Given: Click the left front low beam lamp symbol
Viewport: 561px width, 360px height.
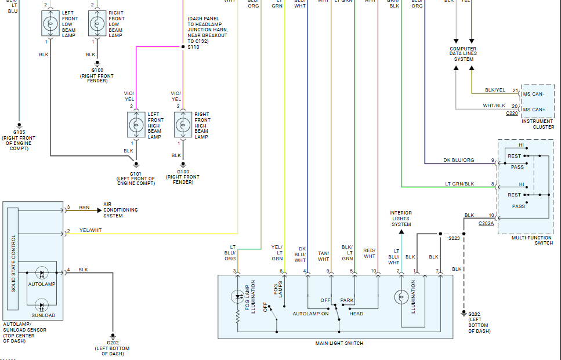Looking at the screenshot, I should tap(50, 24).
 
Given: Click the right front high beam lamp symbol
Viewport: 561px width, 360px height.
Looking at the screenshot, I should tap(183, 125).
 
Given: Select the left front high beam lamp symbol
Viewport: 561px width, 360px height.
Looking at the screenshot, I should tap(136, 125).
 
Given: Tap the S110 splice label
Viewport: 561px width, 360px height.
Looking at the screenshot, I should tap(193, 47).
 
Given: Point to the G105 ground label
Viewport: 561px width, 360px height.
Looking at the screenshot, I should tap(19, 133).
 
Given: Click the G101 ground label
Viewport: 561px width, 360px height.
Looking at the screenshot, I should tap(136, 173).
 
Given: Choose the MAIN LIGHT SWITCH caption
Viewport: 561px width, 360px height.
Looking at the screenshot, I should tap(339, 343).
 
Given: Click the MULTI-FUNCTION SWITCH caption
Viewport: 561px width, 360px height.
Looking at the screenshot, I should tap(532, 240).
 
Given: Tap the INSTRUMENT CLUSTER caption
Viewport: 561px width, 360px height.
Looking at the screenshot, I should tap(537, 123).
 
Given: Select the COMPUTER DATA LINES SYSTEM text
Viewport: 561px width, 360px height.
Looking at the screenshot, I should tap(464, 54).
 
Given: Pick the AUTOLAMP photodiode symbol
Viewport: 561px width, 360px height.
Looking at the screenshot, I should tap(41, 272).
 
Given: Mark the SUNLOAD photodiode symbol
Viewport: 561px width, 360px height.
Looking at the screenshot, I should tap(41, 306).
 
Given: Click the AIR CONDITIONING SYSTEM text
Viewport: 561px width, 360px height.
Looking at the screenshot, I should tap(121, 210).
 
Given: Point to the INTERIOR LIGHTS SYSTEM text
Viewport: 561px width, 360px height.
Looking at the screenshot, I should tap(401, 219).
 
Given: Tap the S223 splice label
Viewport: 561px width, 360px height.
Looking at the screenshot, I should tap(454, 238).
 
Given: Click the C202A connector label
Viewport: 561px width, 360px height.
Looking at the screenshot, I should tap(487, 223).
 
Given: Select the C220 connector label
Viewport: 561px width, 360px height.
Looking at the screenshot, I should tap(512, 114).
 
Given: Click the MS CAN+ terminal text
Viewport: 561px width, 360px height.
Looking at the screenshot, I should tap(534, 110).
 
